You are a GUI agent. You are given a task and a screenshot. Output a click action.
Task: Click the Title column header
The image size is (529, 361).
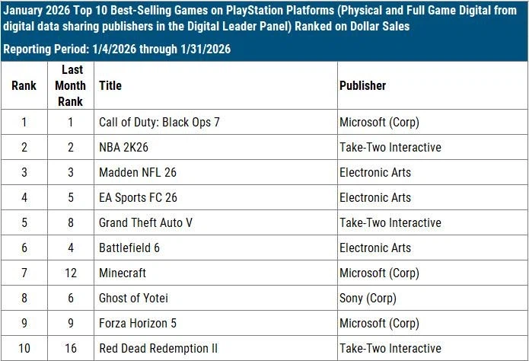tap(110, 86)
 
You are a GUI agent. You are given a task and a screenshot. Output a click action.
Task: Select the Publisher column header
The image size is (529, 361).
tap(362, 86)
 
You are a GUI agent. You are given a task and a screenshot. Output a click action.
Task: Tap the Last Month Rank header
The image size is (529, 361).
tap(70, 85)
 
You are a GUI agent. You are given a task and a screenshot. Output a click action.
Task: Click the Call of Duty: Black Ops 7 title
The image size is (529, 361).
tap(159, 123)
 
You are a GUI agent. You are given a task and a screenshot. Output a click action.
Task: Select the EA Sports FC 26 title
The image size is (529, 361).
tap(138, 198)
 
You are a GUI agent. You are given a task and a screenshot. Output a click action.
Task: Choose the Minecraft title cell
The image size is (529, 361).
tap(123, 273)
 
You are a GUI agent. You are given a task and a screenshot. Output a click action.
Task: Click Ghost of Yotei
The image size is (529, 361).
tap(133, 299)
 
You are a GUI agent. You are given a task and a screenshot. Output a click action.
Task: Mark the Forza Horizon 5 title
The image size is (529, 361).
tap(138, 324)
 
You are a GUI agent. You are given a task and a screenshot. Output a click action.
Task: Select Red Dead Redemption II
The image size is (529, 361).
tap(158, 349)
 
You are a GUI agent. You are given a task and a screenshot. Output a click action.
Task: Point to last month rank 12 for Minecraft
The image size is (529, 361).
tap(70, 273)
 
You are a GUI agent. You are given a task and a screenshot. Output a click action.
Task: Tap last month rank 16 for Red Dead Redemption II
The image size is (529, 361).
tap(70, 349)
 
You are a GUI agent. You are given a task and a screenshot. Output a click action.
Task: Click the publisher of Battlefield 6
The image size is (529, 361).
tap(374, 248)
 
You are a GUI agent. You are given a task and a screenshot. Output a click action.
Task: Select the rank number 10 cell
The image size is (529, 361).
tap(24, 349)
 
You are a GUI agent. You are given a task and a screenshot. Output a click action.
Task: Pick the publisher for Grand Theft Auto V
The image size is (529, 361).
tap(390, 223)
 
